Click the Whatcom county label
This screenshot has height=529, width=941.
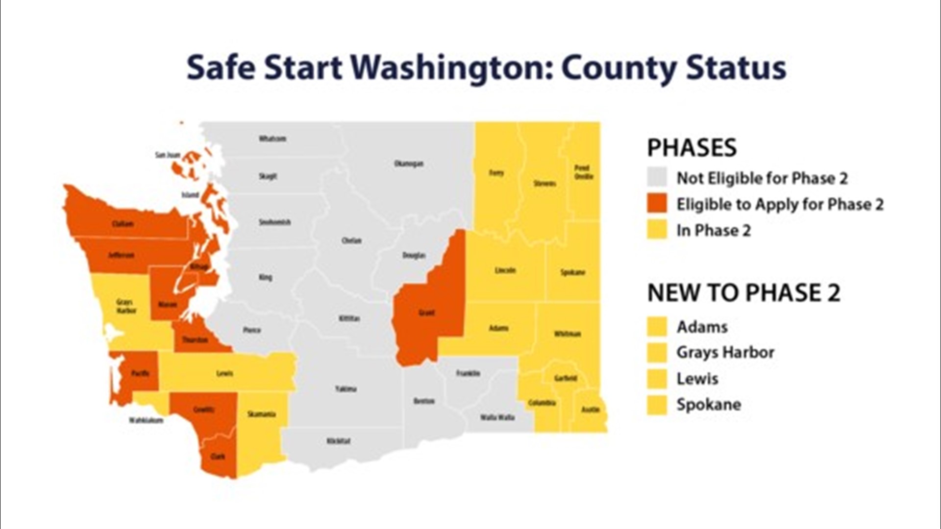coord(272,139)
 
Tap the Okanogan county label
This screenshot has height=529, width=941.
coord(409,164)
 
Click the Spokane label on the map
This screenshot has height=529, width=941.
coord(573,272)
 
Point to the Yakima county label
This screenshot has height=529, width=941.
coord(346,389)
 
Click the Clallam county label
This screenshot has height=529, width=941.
coord(123,224)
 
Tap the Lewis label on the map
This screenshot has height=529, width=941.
coord(224,373)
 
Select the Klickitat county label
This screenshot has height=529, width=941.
coord(338,441)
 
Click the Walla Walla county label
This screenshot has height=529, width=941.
coord(497,417)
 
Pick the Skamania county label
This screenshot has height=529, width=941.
coord(261,414)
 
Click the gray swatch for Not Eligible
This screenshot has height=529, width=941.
coord(657,178)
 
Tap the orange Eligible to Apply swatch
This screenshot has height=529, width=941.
coord(657,204)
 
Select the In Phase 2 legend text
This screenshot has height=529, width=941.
coord(714,230)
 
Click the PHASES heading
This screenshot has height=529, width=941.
coord(692,148)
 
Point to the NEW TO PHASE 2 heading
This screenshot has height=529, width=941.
coord(743,293)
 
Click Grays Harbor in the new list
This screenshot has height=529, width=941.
coord(725,352)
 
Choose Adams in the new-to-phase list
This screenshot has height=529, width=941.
coord(702,327)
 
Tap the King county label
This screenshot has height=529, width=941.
coord(265,278)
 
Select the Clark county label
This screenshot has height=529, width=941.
coord(218,457)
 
